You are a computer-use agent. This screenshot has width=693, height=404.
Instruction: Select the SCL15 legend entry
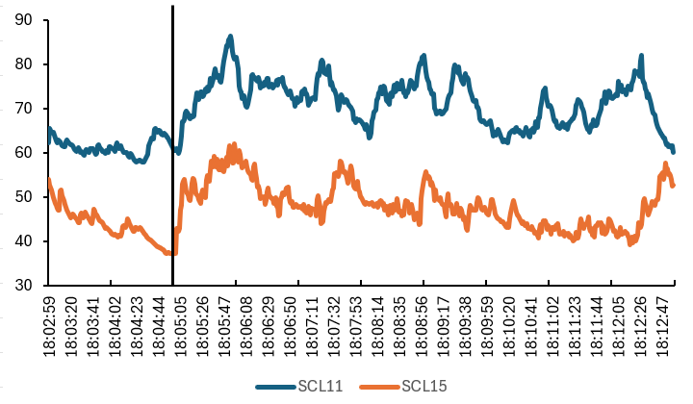424,387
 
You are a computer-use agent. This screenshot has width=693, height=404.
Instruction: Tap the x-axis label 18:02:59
49,327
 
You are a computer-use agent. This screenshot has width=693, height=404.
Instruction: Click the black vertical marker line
172,144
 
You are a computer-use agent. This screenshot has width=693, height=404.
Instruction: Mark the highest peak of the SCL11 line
231,37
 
